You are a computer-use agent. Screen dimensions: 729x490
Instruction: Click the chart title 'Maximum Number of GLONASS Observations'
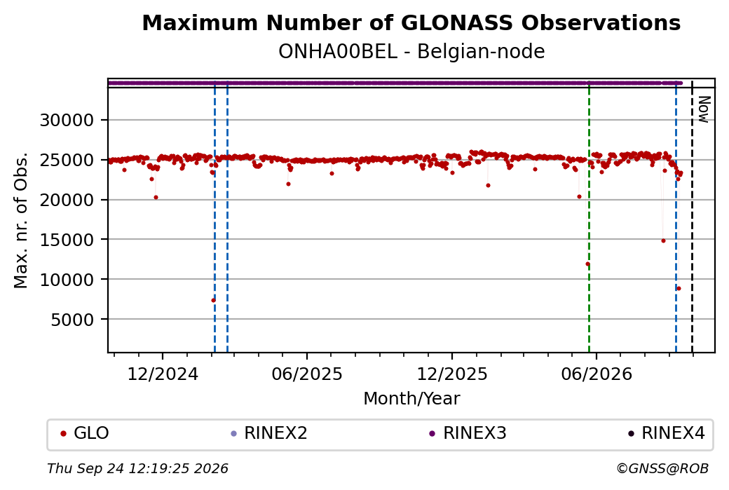[411, 22]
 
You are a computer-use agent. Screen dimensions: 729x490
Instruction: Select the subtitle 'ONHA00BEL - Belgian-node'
[411, 52]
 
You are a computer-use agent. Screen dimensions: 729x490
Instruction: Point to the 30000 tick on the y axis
[67, 121]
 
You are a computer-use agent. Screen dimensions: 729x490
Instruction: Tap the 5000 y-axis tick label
[72, 320]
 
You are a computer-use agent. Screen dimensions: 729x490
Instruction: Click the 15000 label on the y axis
[67, 240]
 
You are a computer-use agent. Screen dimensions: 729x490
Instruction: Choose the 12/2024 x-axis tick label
[163, 374]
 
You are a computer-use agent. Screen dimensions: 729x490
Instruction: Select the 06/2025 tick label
[307, 374]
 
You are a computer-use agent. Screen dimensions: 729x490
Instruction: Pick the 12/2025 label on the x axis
[452, 374]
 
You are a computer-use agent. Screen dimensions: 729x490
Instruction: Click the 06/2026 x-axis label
[597, 374]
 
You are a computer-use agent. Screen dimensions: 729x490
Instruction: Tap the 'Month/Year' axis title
[411, 399]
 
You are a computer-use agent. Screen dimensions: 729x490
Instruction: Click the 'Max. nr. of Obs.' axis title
[21, 220]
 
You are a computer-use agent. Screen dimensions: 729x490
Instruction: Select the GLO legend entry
[85, 433]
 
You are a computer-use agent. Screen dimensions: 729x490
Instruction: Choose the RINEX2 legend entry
[269, 433]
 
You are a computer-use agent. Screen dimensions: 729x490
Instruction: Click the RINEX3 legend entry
[468, 433]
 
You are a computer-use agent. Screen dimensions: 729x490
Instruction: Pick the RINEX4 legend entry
[666, 433]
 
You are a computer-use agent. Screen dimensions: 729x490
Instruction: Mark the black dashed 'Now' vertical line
[693, 217]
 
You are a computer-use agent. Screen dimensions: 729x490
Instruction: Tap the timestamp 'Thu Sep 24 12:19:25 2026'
[137, 468]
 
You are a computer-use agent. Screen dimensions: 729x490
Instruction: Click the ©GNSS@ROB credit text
[662, 468]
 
